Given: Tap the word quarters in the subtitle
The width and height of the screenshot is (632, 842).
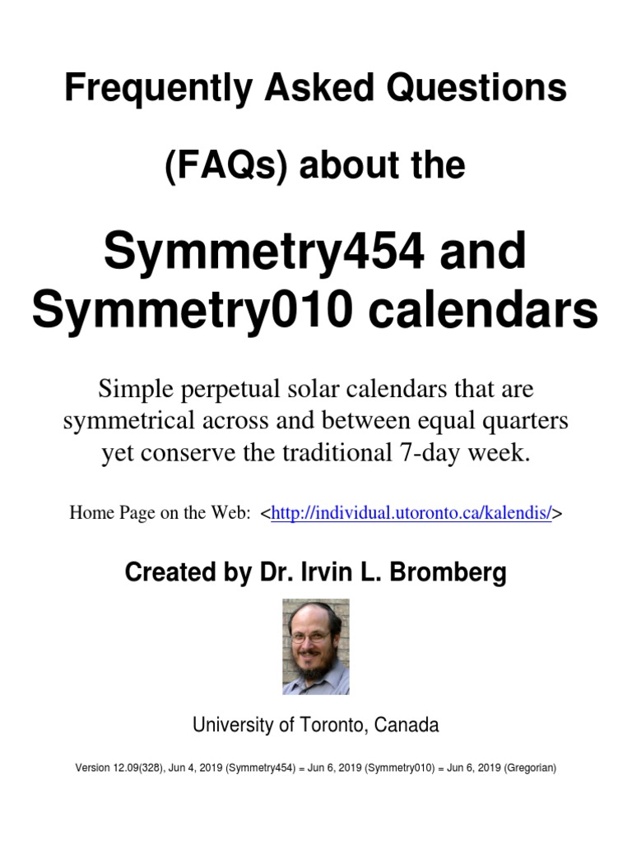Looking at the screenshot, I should click(523, 421).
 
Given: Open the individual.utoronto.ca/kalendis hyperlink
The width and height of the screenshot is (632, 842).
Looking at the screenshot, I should click(411, 513).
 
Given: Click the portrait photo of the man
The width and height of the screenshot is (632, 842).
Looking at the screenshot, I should click(316, 646).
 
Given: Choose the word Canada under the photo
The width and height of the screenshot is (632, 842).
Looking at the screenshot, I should click(407, 725).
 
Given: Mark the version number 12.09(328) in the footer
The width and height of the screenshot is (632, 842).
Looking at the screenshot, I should click(148, 768).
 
